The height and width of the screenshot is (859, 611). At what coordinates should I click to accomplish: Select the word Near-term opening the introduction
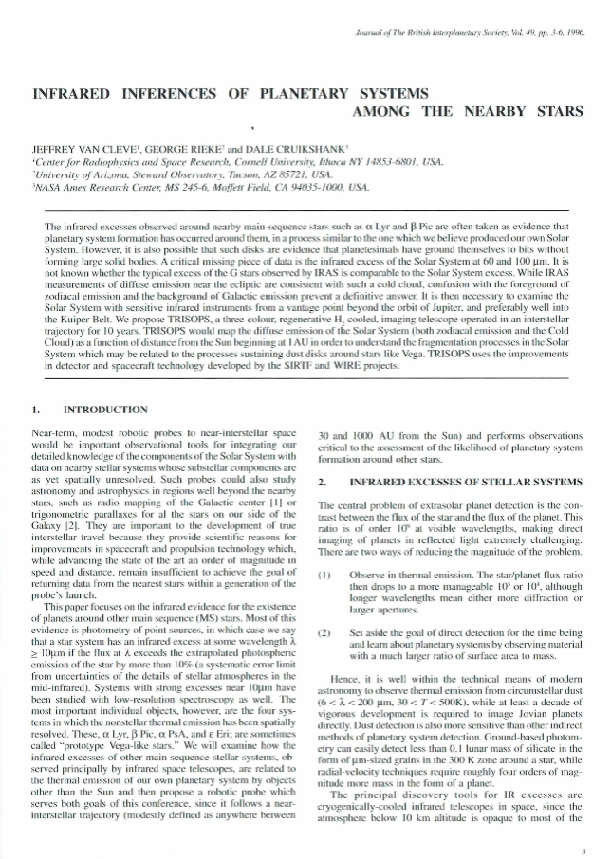pyautogui.click(x=54, y=431)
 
